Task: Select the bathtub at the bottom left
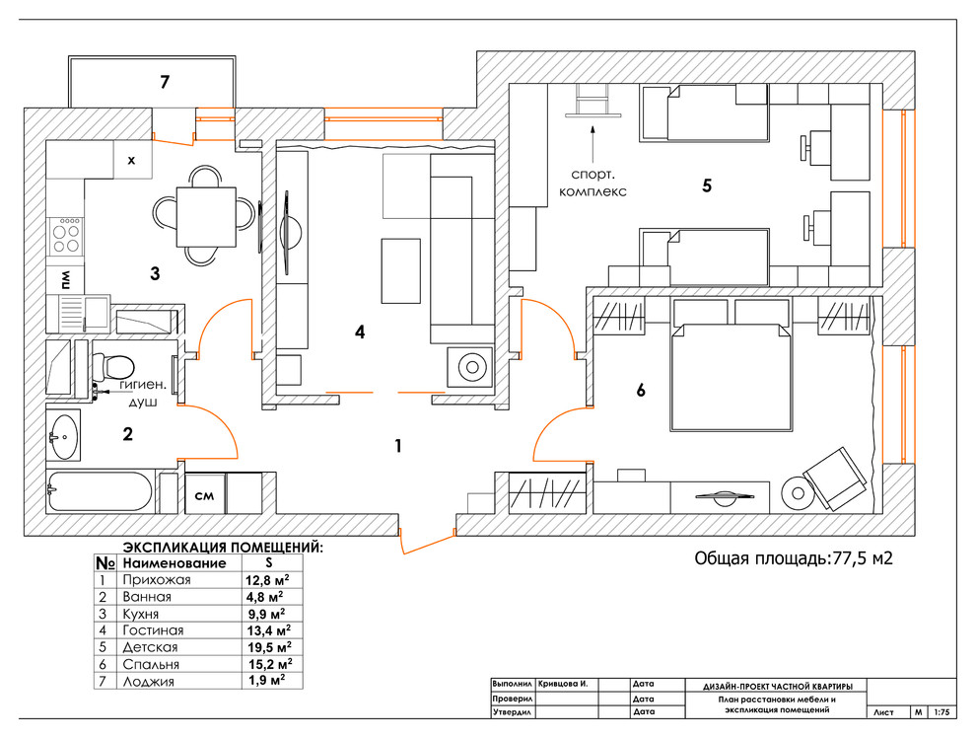pos(100,491)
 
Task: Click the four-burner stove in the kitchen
pos(67,234)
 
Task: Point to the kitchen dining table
pos(206,216)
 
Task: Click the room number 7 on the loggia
pos(166,82)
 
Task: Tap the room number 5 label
pos(707,184)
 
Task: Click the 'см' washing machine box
pos(205,494)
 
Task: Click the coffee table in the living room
pos(399,269)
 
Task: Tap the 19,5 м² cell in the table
pos(269,647)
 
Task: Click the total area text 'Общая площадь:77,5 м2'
pos(794,558)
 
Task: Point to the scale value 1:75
pos(943,710)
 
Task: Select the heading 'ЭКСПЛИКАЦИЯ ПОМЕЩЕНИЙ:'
pos(222,546)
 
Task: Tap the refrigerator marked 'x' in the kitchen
pos(130,159)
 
